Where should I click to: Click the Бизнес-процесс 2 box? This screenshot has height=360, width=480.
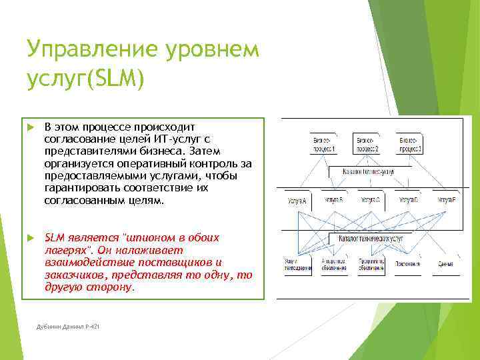368,145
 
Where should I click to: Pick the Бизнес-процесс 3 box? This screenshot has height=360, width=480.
410,145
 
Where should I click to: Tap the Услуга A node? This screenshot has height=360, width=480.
297,200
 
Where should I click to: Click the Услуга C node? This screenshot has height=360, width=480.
370,199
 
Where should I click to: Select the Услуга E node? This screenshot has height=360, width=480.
446,199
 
